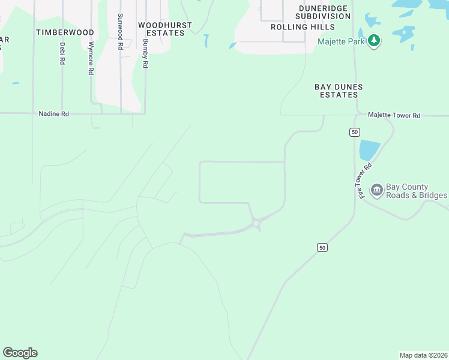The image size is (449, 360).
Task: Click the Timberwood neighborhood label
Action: pos(65,32)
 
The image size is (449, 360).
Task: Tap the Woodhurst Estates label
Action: pos(165,29)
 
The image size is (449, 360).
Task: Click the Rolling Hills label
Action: pos(303,27)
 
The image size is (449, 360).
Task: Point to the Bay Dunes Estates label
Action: pos(339,91)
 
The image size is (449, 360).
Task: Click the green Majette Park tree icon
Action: pos(375,41)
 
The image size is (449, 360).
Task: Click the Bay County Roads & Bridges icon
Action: pos(376,191)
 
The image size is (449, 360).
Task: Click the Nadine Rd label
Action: pos(53,113)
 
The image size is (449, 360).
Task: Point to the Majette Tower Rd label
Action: pos(394,115)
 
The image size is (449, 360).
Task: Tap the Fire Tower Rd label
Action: pos(366,181)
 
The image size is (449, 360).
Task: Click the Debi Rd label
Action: pos(62,53)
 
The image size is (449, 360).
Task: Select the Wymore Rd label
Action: pos(91,58)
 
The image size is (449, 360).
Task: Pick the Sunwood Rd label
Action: pos(121,31)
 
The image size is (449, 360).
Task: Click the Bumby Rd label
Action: pos(145,53)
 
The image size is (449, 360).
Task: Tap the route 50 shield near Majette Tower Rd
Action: pos(355,131)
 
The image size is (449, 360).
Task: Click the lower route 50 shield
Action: pos(322,247)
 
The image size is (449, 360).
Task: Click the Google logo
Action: pos(20,353)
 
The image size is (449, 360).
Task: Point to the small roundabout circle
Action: pos(256,224)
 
